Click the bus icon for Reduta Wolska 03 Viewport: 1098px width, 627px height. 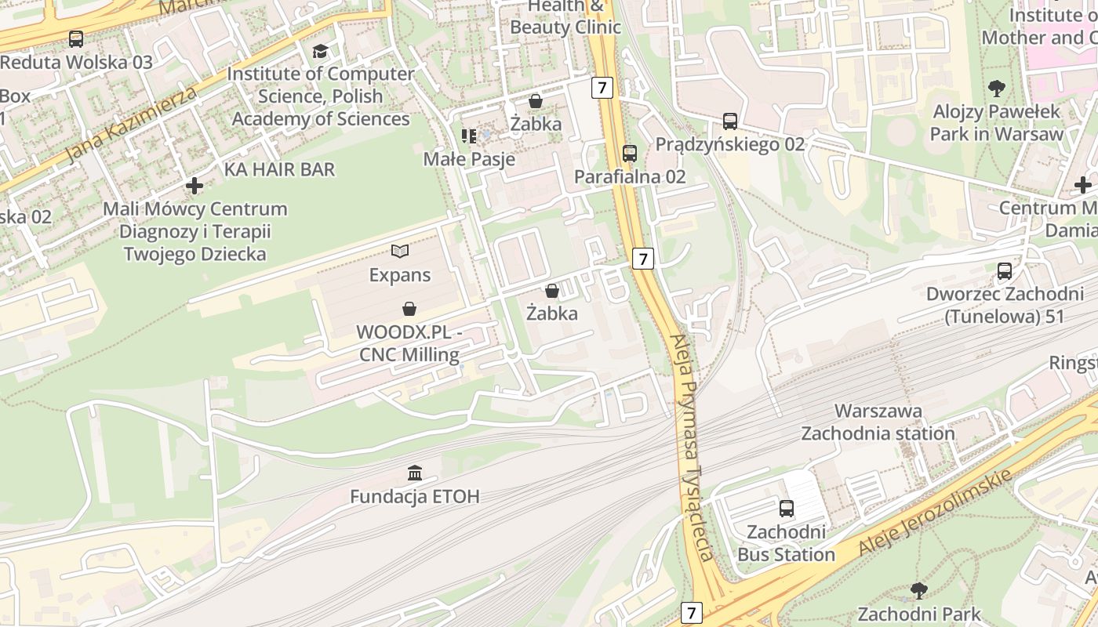click(x=76, y=38)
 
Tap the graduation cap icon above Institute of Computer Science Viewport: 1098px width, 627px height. click(x=320, y=51)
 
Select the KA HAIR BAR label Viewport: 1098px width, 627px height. click(x=279, y=169)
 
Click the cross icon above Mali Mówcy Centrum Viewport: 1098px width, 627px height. click(x=195, y=186)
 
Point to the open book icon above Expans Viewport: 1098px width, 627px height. click(x=400, y=252)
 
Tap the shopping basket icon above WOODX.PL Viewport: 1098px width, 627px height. click(x=409, y=309)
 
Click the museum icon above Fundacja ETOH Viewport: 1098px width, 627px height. click(x=415, y=473)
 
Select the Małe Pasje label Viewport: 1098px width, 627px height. click(x=469, y=159)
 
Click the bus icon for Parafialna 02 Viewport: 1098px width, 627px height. click(x=629, y=154)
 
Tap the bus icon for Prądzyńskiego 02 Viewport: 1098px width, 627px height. click(x=729, y=121)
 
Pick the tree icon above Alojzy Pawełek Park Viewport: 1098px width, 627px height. click(x=996, y=88)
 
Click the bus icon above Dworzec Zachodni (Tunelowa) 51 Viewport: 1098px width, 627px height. click(x=1005, y=271)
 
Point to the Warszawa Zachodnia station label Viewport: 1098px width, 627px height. click(x=878, y=422)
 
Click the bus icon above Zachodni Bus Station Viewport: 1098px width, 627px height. click(x=787, y=509)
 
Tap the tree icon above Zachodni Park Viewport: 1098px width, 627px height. click(x=918, y=590)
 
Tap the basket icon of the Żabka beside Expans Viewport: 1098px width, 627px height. click(x=552, y=291)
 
